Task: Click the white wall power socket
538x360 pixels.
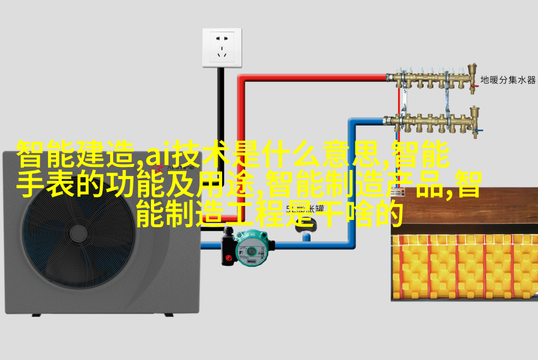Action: [x=222, y=48]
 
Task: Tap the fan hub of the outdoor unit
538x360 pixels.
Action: [x=79, y=233]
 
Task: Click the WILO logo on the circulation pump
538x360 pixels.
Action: [x=251, y=262]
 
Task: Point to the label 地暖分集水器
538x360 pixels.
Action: [x=508, y=80]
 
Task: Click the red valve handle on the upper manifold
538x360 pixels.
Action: [x=475, y=85]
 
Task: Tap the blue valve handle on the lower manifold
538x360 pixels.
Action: [x=480, y=130]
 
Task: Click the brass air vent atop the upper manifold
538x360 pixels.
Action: [x=472, y=69]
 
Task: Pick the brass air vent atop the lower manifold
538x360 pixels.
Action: [x=475, y=112]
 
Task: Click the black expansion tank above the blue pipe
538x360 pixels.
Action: [x=306, y=225]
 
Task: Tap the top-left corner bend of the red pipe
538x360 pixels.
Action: [x=242, y=79]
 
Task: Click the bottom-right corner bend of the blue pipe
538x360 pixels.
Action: [x=351, y=244]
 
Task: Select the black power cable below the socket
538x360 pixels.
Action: [x=221, y=104]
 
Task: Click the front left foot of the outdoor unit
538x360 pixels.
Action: [x=36, y=315]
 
